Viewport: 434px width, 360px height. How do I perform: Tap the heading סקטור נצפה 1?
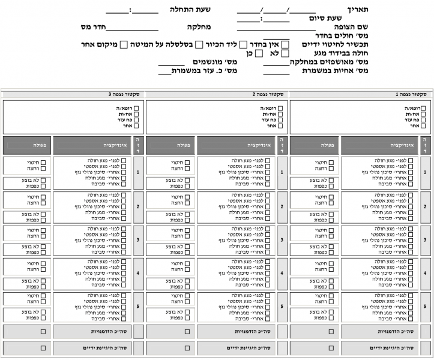tap(411, 94)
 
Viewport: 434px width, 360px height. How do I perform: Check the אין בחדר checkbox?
tap(285, 44)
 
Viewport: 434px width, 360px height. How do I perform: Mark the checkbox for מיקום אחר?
tap(124, 44)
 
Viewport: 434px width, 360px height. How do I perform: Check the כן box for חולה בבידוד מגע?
tap(259, 53)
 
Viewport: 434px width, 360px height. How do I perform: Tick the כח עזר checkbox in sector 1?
tap(424, 120)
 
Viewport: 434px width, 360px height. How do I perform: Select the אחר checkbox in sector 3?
tap(136, 126)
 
